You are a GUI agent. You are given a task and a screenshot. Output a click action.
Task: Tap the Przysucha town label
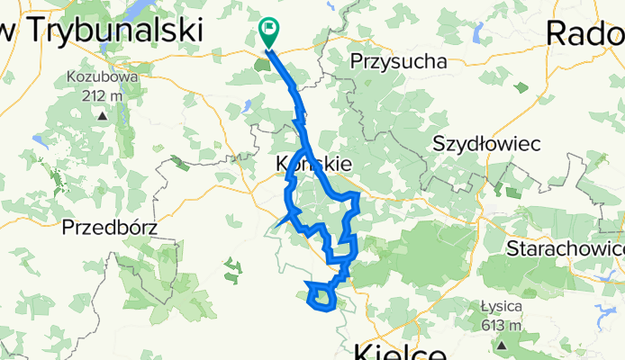click(398, 62)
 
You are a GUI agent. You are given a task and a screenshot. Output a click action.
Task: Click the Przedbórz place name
click(108, 227)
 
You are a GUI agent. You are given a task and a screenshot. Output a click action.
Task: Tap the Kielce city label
click(401, 350)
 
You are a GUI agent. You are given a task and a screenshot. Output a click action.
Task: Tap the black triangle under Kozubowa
click(102, 115)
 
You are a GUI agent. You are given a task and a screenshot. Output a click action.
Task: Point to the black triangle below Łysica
click(502, 344)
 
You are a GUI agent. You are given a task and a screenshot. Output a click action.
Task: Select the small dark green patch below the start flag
click(271, 61)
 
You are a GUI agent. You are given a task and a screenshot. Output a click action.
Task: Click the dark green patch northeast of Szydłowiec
click(522, 88)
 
